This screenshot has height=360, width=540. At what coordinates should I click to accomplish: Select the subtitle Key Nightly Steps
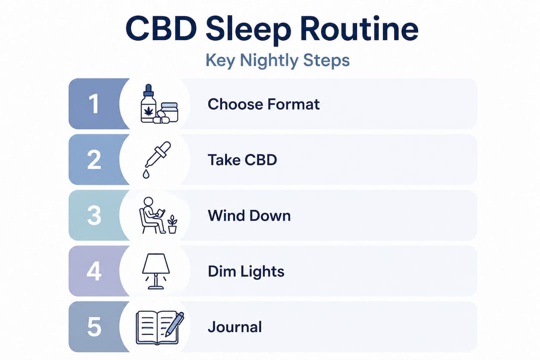(x=277, y=60)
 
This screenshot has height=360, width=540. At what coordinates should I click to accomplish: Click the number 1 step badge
(x=94, y=104)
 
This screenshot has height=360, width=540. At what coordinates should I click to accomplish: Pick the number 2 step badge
(x=94, y=160)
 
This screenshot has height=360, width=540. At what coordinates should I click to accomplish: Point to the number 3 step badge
(x=94, y=216)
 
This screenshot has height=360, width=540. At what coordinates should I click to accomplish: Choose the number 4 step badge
(x=94, y=271)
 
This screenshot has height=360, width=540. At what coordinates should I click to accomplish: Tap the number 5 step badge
(x=94, y=327)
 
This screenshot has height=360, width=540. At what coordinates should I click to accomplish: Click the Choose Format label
(x=263, y=104)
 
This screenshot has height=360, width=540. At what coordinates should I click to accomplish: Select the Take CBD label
(x=242, y=160)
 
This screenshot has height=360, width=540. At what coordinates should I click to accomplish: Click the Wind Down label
(x=249, y=216)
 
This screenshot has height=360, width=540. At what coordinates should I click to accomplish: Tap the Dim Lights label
(x=246, y=271)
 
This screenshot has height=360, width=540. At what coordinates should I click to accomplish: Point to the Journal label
(x=234, y=327)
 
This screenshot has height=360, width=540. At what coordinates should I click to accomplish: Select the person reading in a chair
(x=151, y=215)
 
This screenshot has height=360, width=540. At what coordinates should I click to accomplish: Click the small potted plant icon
(x=172, y=224)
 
